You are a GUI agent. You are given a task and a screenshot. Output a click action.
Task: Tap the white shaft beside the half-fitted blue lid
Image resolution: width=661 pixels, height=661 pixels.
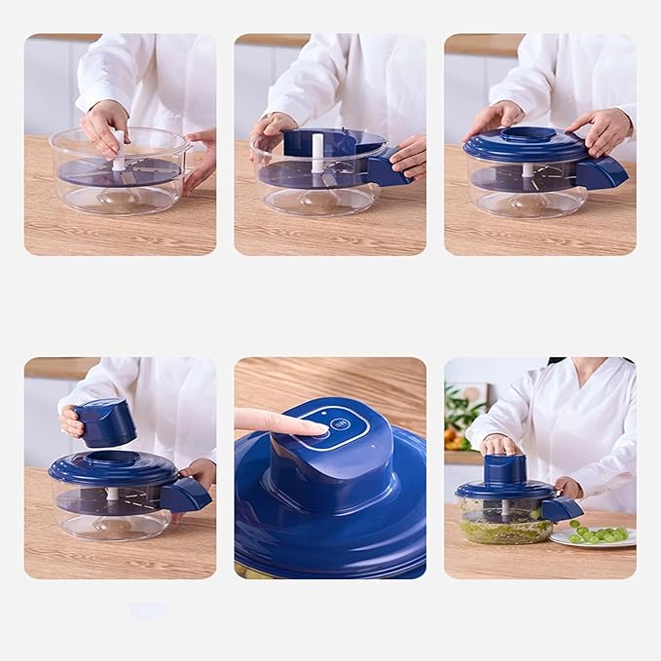pyautogui.click(x=317, y=154)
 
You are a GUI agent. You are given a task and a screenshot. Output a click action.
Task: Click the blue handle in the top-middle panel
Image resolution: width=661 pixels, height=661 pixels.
pyautogui.click(x=386, y=171)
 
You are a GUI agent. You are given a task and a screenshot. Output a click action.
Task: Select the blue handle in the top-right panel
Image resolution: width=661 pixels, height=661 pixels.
pyautogui.click(x=603, y=173)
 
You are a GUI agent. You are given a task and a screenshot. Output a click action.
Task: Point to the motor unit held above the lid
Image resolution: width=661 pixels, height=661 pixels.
pyautogui.click(x=105, y=422)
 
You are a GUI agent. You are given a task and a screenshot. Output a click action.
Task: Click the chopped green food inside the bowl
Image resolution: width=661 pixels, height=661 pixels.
pyautogui.click(x=505, y=531)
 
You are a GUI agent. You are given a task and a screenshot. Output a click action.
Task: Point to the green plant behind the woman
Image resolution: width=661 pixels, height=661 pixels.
pyautogui.click(x=459, y=410)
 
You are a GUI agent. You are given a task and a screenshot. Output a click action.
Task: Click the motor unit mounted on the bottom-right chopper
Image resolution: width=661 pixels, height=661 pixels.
pyautogui.click(x=505, y=470)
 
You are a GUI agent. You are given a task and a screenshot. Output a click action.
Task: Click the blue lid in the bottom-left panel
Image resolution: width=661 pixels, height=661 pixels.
pyautogui.click(x=112, y=467)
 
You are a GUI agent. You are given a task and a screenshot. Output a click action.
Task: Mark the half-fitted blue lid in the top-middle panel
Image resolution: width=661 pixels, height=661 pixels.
pyautogui.click(x=332, y=143)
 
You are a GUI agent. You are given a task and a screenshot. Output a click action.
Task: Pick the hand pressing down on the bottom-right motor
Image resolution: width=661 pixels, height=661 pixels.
pyautogui.click(x=498, y=444)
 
